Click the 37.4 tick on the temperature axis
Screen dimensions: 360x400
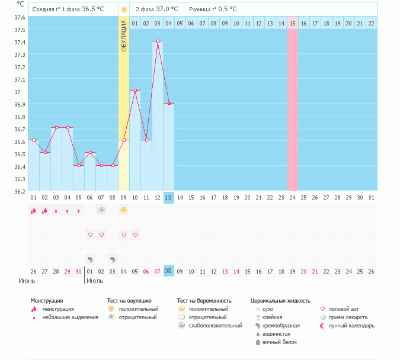point(21,42)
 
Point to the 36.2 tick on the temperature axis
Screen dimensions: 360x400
point(21,191)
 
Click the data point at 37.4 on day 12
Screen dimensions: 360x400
point(158,41)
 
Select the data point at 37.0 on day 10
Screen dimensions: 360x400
point(135,91)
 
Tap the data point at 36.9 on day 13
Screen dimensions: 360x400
point(169,103)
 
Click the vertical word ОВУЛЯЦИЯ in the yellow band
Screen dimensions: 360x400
point(124,36)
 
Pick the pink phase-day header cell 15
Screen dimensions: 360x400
point(293,23)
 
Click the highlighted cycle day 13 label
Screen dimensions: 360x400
point(169,197)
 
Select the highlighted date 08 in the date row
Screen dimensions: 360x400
point(169,271)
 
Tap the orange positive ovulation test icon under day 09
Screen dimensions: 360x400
point(124,210)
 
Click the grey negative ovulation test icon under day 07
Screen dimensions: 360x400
point(101,210)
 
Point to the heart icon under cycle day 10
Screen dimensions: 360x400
point(135,235)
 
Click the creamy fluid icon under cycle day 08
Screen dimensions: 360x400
point(113,259)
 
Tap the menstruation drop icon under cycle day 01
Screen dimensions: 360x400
point(34,210)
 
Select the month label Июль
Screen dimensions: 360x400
point(95,281)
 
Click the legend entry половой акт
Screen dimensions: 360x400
point(344,309)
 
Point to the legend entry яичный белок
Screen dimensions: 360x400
point(276,342)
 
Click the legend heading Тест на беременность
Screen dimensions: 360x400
point(204,301)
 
